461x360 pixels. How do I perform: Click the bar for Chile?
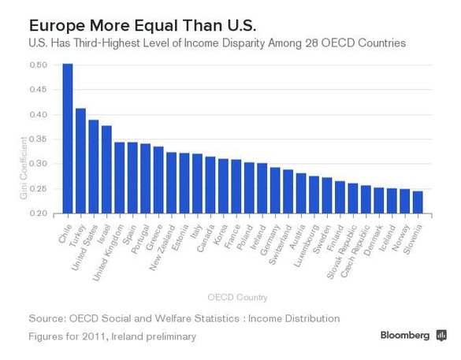click(68, 139)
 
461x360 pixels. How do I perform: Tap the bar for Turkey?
click(80, 161)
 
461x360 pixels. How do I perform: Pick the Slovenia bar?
click(418, 202)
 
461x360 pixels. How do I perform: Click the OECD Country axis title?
click(237, 297)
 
